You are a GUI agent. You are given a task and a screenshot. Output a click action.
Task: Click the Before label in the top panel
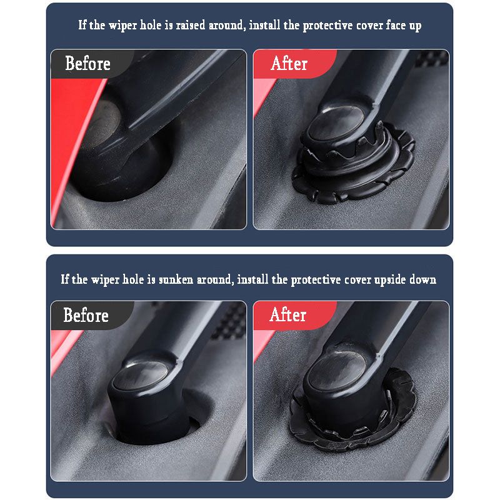tap(87, 64)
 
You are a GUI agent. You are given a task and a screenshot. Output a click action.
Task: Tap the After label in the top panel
tap(289, 64)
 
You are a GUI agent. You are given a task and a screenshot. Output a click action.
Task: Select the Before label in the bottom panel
tap(86, 316)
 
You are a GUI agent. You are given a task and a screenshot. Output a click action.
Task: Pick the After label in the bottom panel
tap(287, 315)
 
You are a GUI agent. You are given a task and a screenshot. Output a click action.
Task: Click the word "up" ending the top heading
tap(414, 26)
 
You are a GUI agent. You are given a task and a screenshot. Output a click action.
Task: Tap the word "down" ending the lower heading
tap(423, 279)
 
